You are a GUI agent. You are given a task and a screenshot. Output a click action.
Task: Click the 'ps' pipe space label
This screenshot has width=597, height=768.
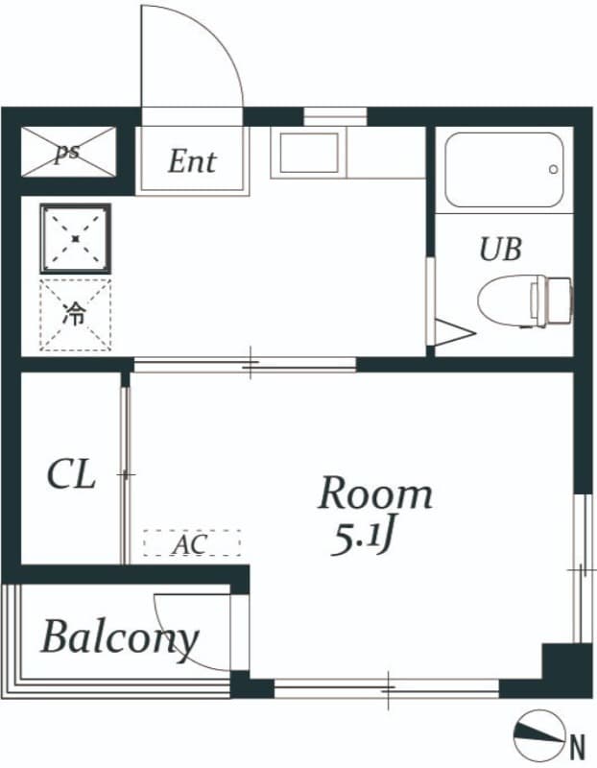pyautogui.click(x=66, y=153)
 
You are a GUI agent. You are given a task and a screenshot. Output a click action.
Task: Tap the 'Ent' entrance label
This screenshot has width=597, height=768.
pyautogui.click(x=192, y=161)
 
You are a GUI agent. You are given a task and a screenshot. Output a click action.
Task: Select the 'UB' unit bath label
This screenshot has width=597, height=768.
pyautogui.click(x=500, y=250)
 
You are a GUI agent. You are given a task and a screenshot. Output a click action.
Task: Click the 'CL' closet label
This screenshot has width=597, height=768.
pyautogui.click(x=71, y=474)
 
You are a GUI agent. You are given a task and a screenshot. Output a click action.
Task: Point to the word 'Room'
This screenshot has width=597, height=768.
pyautogui.click(x=375, y=493)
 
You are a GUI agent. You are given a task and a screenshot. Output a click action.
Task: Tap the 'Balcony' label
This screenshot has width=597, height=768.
pyautogui.click(x=119, y=637)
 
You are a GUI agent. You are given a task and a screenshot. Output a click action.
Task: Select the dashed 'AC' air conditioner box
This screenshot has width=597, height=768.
pyautogui.click(x=191, y=544)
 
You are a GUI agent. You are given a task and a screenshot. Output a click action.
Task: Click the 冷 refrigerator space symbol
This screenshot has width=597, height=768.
pyautogui.click(x=75, y=315)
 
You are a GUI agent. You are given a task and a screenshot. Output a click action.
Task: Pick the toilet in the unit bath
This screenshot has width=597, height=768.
pyautogui.click(x=523, y=299)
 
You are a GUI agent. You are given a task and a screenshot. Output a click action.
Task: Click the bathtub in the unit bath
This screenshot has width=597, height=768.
pyautogui.click(x=504, y=170)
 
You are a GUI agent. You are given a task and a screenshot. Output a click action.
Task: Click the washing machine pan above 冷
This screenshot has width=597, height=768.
pyautogui.click(x=75, y=237)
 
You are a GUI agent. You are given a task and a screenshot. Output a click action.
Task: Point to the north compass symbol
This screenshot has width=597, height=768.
pyautogui.click(x=538, y=733)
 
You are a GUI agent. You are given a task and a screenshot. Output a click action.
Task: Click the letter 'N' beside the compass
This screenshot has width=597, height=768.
pyautogui.click(x=578, y=745)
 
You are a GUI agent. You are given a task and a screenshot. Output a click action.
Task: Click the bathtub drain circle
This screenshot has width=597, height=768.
pyautogui.click(x=554, y=170)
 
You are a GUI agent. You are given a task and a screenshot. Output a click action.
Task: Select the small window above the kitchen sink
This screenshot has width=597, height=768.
pyautogui.click(x=322, y=118)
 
